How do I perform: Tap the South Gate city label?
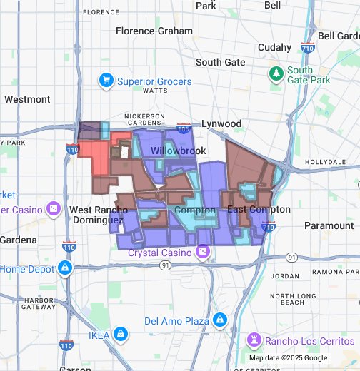(220, 62)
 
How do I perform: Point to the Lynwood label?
(221, 123)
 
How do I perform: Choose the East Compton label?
(259, 210)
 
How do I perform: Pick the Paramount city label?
(328, 225)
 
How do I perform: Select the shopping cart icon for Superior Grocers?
(107, 80)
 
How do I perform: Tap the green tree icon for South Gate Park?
(275, 73)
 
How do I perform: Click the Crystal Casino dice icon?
(203, 253)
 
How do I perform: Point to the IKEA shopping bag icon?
(121, 334)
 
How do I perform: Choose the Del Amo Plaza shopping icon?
(220, 320)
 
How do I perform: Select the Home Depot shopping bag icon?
(65, 268)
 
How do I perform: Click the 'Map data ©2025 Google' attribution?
(288, 357)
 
